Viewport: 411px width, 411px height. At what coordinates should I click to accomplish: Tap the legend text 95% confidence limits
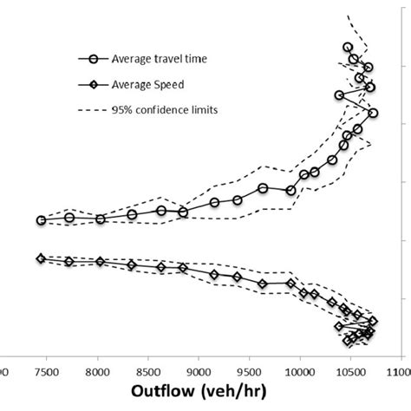tap(159, 110)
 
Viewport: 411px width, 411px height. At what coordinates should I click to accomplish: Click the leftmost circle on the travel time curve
tap(41, 220)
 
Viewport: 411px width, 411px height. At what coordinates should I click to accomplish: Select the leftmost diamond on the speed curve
tap(41, 258)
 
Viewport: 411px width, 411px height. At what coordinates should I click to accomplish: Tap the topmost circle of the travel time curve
tap(348, 48)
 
